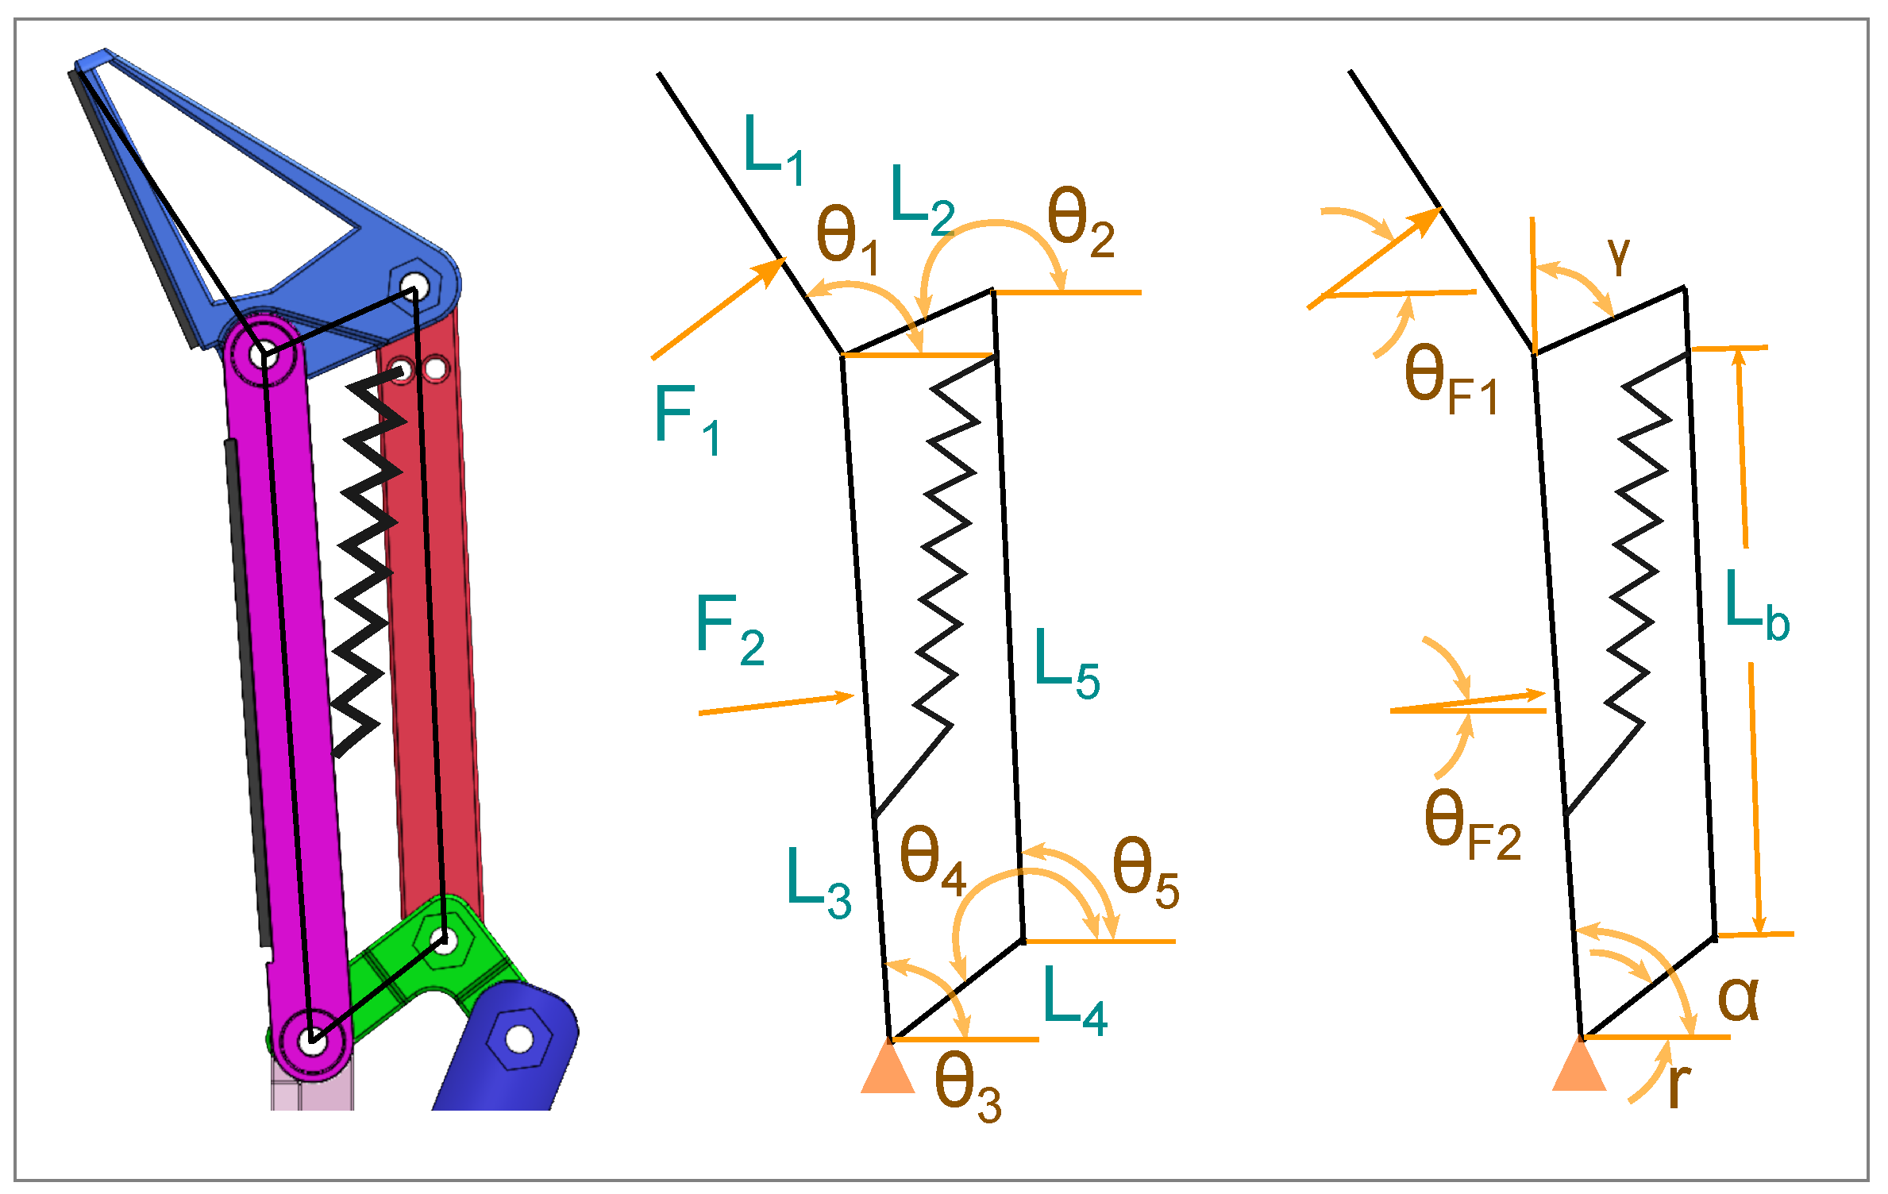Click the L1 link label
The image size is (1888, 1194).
773,150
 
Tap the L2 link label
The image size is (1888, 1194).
921,201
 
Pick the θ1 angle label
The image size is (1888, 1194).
846,239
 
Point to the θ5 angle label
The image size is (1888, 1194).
1145,872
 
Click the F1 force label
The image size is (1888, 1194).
687,419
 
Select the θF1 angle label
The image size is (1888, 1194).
1450,380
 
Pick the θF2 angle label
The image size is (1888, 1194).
1471,826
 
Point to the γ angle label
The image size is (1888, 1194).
1618,256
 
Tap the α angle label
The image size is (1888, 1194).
1738,997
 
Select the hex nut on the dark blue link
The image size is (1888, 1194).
518,1038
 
